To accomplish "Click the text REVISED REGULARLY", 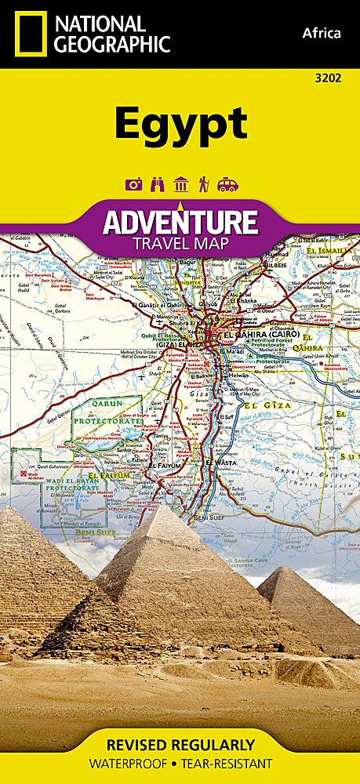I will (x=180, y=745).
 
